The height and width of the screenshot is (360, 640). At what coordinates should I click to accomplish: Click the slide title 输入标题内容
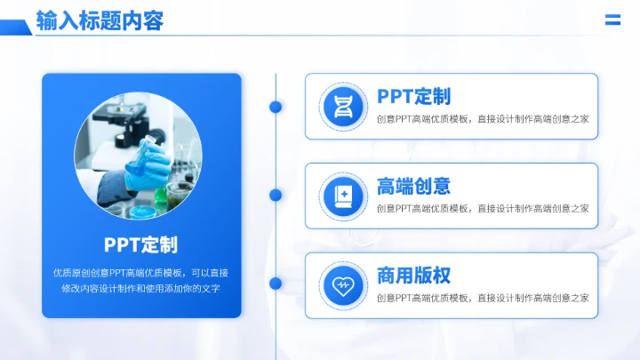pos(100,20)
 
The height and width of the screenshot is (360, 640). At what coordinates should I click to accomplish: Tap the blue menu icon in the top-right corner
pos(612,20)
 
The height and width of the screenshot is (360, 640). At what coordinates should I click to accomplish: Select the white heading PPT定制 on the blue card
pos(140,244)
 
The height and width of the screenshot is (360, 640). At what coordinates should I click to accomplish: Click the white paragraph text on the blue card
pos(140,280)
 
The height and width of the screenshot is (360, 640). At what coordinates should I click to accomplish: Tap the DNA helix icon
pos(342,107)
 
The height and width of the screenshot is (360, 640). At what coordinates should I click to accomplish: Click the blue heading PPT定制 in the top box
pos(413,96)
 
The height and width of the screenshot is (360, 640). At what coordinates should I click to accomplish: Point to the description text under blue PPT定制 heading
pos(483,119)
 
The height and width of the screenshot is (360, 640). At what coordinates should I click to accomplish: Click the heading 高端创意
pos(413,186)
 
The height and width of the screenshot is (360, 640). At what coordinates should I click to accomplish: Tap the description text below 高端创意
pos(483,209)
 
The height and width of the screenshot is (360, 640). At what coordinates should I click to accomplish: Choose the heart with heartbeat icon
pos(342,285)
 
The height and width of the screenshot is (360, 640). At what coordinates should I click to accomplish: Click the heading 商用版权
pos(413,275)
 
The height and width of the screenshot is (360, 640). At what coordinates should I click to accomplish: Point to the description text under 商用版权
pos(483,298)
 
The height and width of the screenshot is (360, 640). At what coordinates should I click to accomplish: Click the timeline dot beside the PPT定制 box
pos(276,107)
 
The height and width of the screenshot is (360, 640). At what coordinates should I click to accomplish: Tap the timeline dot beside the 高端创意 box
pos(276,195)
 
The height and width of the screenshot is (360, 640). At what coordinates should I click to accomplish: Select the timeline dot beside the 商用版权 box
pos(276,284)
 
